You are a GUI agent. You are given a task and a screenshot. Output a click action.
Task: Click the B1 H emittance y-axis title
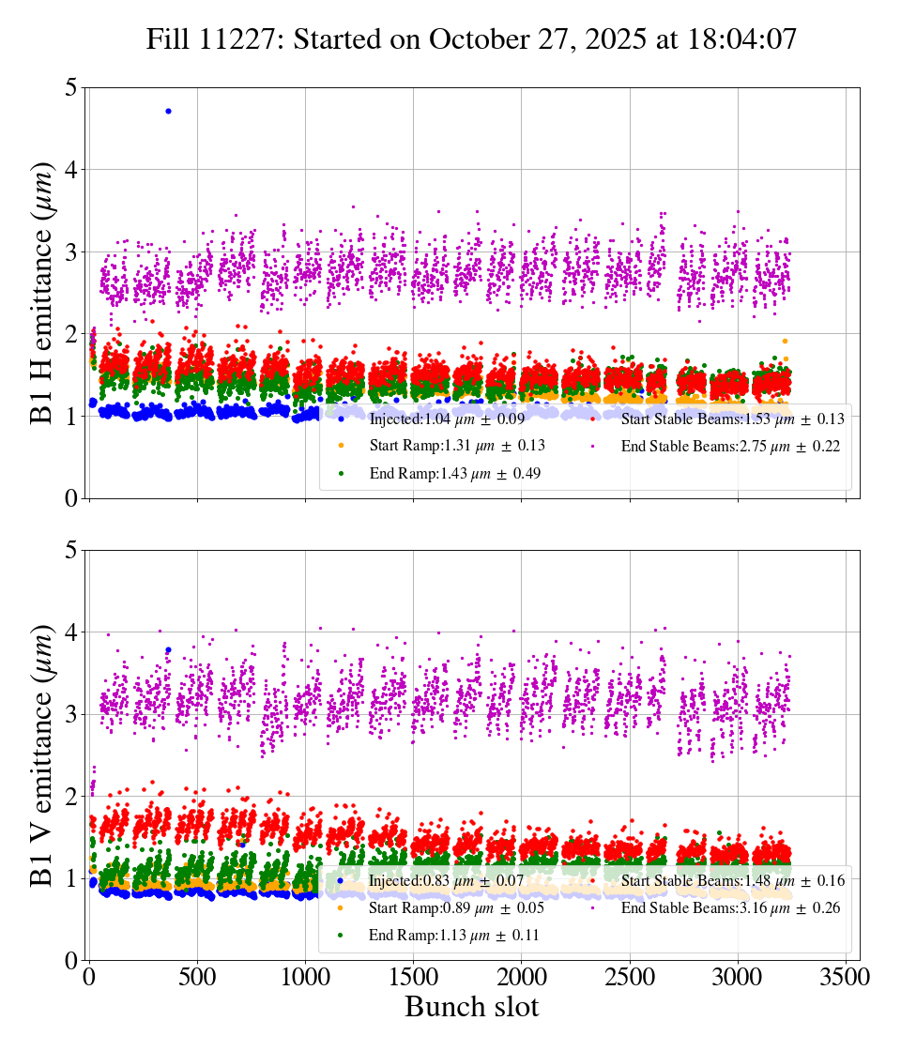pyautogui.click(x=44, y=293)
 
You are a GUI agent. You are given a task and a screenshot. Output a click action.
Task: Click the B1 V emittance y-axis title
pyautogui.click(x=44, y=754)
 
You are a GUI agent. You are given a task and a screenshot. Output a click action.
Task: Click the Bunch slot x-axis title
pyautogui.click(x=471, y=1008)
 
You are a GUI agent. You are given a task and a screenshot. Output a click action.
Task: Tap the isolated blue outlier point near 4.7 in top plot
pyautogui.click(x=168, y=111)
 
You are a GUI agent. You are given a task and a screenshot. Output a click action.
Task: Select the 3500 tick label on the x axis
pyautogui.click(x=846, y=978)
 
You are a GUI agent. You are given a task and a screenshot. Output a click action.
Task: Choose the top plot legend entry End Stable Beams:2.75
pyautogui.click(x=729, y=447)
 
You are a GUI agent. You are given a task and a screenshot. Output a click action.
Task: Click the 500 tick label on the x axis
pyautogui.click(x=197, y=978)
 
